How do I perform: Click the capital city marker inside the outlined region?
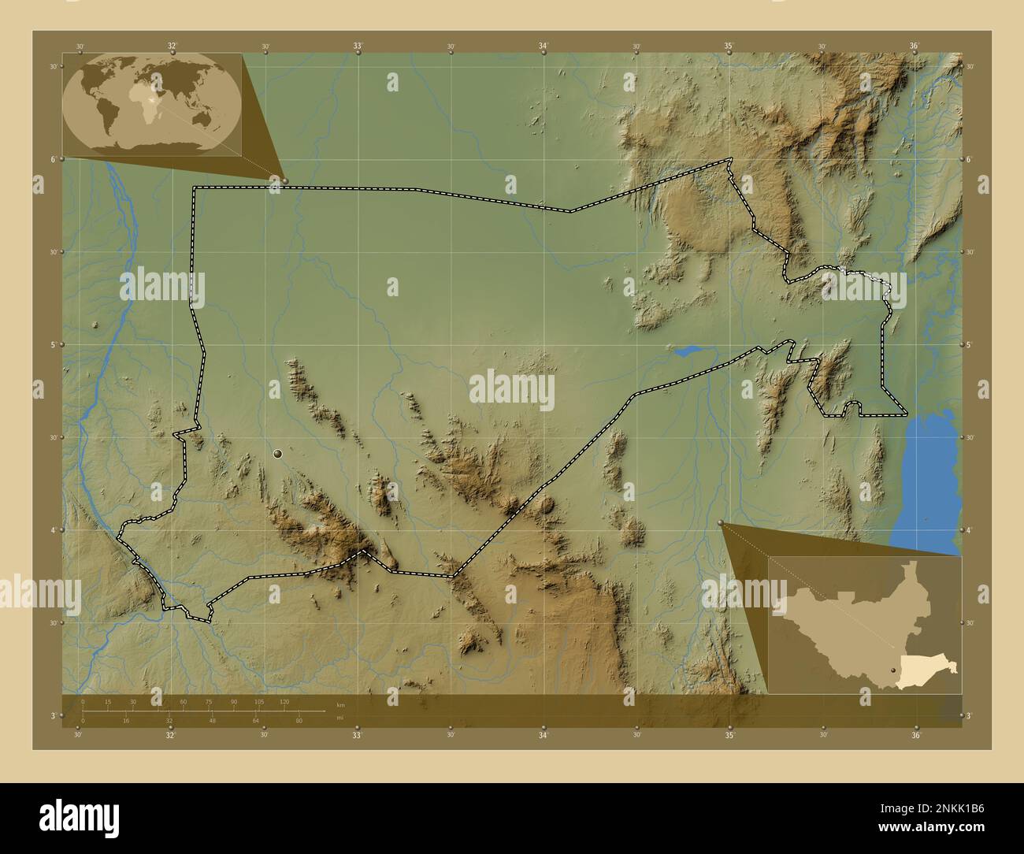277,454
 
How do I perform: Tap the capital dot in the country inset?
892,670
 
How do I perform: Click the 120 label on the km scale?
284,701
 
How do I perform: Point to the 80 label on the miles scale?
299,721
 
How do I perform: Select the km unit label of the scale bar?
340,704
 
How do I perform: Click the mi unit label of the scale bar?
339,718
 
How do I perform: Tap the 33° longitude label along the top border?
358,46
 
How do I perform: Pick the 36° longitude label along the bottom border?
915,736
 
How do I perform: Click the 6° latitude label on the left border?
53,159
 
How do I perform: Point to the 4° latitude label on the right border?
970,530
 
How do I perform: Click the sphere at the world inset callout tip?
284,181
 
